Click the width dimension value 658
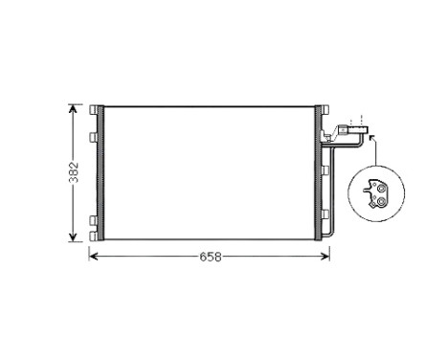(x=210, y=258)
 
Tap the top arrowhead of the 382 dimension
(x=73, y=106)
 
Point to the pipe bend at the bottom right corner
(x=331, y=236)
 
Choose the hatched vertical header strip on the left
(x=99, y=171)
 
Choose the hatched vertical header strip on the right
(x=321, y=171)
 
